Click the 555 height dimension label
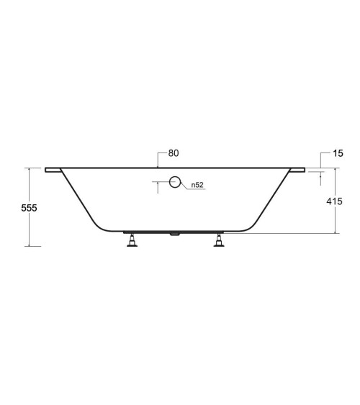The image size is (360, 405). click(x=29, y=208)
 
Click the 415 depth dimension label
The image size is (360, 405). click(x=334, y=201)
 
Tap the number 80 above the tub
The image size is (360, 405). click(x=174, y=153)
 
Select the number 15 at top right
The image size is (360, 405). click(x=338, y=153)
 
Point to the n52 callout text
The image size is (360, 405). click(x=197, y=185)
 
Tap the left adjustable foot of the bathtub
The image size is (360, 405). click(x=132, y=240)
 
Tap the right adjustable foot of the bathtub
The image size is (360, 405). click(x=219, y=240)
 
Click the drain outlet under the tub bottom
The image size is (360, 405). click(x=175, y=234)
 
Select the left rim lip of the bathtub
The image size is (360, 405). click(x=53, y=170)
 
